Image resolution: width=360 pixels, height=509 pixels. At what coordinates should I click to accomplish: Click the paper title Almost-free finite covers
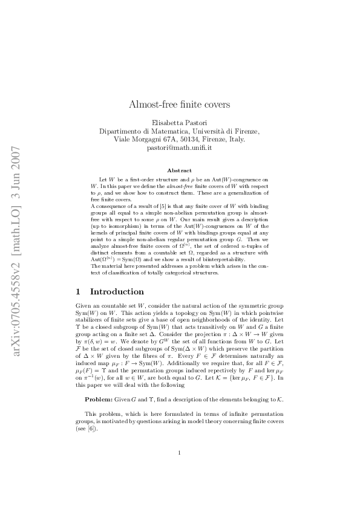[179, 104]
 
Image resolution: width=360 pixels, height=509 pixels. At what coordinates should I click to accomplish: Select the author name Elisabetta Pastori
[179, 122]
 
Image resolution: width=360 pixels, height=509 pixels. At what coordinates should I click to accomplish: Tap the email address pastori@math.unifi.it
[179, 148]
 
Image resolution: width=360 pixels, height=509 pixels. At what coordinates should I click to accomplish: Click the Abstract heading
[179, 170]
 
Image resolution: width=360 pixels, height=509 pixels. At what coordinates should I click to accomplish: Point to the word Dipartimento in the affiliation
[120, 131]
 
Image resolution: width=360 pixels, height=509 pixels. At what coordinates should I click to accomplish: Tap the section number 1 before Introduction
[79, 292]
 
